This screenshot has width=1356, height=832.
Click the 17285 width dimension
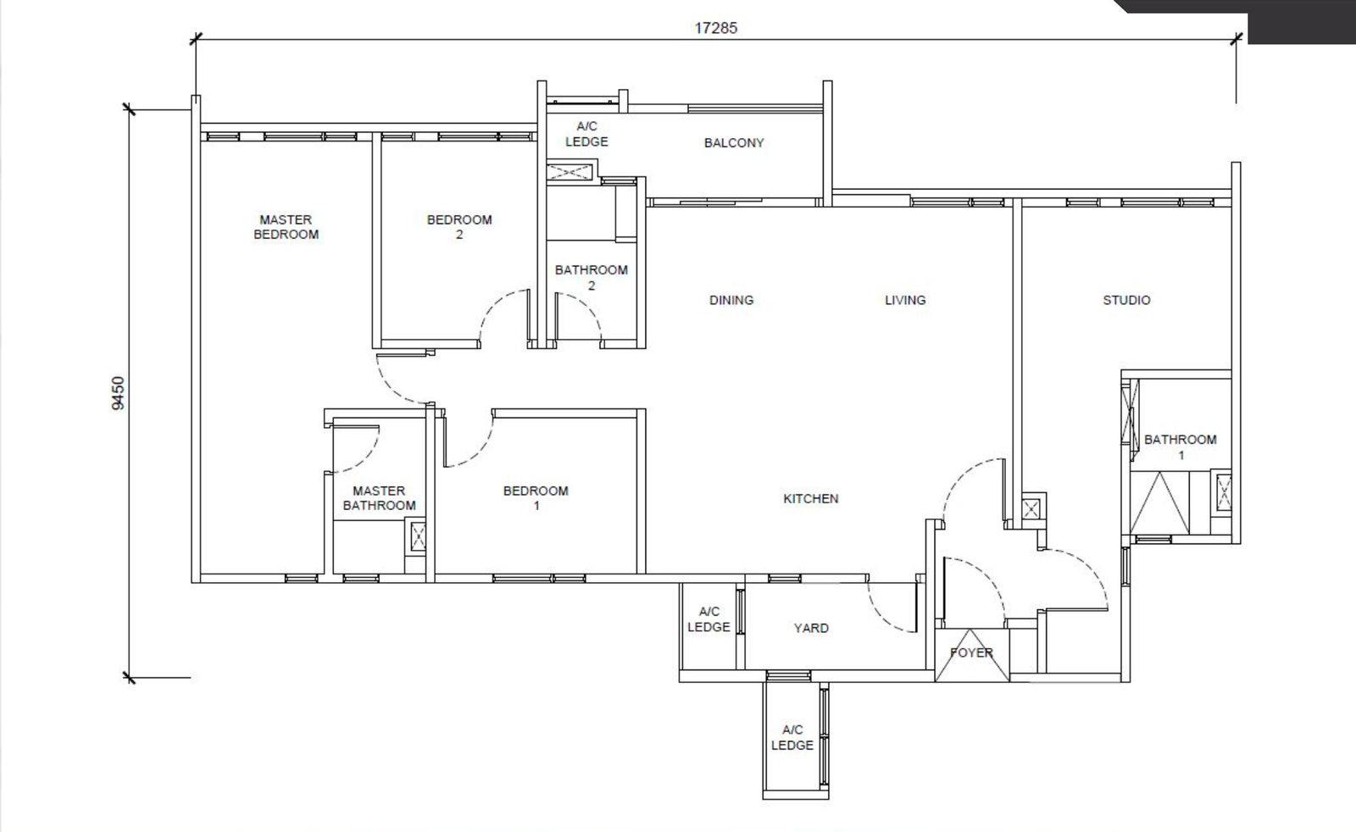coord(715,29)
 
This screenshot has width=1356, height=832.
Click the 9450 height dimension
coord(118,393)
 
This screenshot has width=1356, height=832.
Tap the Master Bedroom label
coord(286,227)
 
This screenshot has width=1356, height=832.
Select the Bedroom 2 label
coord(459,227)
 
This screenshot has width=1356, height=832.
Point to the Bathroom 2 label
coord(592,278)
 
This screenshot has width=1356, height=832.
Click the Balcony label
coord(734,143)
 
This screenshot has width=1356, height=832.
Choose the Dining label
coord(731,300)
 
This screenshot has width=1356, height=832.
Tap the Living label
coord(905,300)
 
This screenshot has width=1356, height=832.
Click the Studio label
coord(1126,300)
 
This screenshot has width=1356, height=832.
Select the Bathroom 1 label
coord(1181,447)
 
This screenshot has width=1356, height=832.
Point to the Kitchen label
coord(810,498)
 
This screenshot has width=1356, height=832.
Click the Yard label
coord(811,628)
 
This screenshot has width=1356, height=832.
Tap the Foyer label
coord(971,652)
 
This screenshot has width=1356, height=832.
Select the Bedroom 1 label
coord(536,498)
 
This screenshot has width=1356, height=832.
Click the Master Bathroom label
coord(379,498)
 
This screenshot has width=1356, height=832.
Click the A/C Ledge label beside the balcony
coord(586,134)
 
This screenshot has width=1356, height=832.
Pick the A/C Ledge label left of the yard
coord(709,619)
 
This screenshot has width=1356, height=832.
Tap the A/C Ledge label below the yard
coord(792,738)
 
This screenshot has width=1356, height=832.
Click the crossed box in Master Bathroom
coord(418,536)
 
